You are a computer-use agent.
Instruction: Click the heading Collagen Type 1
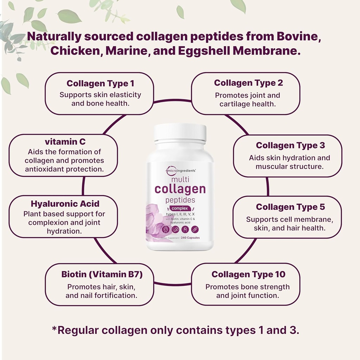pos(100,84)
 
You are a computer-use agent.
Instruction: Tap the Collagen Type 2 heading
pos(248,83)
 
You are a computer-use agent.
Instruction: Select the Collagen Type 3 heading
pos(290,146)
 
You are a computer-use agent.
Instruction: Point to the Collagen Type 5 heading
pos(290,207)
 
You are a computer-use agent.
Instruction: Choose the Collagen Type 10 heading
pos(248,275)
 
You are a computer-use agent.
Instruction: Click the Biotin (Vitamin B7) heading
pos(102,275)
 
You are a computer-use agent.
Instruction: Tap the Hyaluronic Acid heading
pos(65,204)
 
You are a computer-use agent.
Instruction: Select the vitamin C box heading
pos(65,142)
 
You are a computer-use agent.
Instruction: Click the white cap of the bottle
pos(180,133)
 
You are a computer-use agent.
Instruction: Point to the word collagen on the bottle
pos(180,189)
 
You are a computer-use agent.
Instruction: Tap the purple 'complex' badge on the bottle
pos(180,208)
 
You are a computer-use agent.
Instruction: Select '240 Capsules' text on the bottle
pos(191,238)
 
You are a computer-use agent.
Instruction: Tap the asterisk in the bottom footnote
pos(54,329)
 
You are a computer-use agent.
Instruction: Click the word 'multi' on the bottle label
pos(180,179)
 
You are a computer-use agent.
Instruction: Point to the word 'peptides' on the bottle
pos(180,200)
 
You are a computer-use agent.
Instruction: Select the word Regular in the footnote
pos(78,331)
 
